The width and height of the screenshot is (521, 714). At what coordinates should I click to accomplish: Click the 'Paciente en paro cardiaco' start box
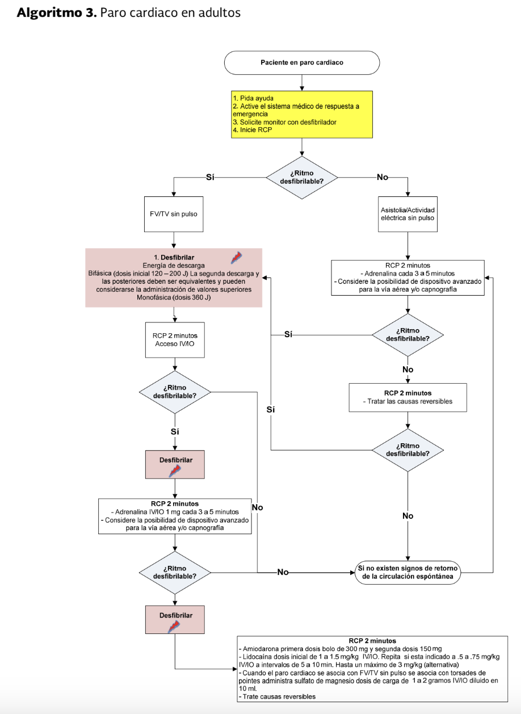(302, 62)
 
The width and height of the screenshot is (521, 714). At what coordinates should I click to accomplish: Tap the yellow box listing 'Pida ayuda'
(302, 115)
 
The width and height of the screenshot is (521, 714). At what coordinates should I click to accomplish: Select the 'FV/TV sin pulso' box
(174, 214)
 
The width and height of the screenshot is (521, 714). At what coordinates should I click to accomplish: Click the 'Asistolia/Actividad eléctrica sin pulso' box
(407, 214)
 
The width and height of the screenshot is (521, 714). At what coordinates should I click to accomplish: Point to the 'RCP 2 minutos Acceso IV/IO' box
(175, 340)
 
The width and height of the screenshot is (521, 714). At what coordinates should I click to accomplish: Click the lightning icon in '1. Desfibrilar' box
(236, 258)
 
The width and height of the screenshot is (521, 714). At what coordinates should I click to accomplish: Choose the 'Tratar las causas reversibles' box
(408, 397)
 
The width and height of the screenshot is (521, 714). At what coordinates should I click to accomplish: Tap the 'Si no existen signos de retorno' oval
(408, 573)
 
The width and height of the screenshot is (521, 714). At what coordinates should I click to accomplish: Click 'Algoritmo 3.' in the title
(57, 12)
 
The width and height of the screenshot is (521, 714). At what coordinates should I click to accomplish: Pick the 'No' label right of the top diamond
(383, 177)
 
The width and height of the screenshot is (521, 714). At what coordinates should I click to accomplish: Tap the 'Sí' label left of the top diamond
(210, 177)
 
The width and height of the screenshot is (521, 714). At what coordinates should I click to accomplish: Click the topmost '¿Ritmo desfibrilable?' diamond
(302, 178)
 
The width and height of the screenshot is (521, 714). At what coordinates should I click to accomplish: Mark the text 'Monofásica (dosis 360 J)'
(174, 297)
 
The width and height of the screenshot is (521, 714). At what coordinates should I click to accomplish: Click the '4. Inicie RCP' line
(253, 130)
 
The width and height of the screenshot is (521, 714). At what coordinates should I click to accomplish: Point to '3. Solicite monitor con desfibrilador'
(284, 122)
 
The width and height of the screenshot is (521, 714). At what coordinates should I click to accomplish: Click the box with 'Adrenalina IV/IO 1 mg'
(175, 516)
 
